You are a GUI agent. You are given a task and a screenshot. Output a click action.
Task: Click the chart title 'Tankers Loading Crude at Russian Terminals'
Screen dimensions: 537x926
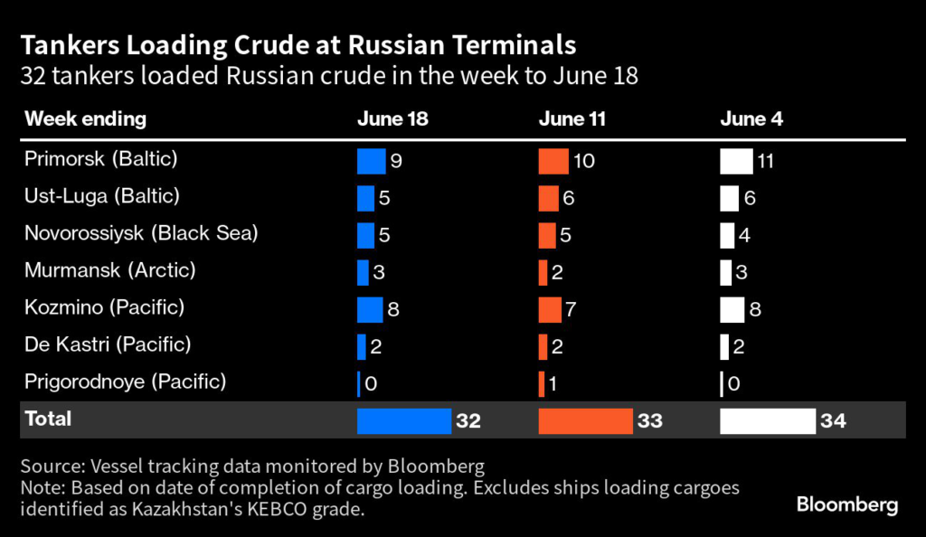click(298, 44)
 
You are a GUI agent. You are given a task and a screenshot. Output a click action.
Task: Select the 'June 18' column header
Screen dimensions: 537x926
click(392, 119)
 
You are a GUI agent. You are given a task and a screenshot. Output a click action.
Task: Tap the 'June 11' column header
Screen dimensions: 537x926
click(572, 119)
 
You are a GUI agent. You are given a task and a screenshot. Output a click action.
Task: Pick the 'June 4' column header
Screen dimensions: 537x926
click(750, 119)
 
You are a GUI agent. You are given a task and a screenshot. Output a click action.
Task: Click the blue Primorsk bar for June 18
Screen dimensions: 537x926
click(371, 161)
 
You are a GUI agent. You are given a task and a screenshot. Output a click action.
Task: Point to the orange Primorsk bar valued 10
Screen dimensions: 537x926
click(553, 161)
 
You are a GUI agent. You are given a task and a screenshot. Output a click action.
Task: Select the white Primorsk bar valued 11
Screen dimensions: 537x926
click(736, 161)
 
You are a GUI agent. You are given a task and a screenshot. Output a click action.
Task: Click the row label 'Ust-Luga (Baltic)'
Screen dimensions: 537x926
click(102, 196)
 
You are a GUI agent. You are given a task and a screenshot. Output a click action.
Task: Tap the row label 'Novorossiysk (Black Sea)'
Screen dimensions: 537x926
click(141, 233)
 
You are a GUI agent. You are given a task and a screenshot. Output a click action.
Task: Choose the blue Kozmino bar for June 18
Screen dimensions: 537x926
click(370, 309)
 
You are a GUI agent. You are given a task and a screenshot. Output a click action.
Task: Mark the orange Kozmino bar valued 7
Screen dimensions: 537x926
click(550, 309)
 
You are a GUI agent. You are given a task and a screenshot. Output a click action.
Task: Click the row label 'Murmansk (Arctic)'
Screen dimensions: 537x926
click(110, 270)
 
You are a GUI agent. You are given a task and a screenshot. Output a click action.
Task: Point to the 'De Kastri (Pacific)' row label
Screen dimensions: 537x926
click(108, 344)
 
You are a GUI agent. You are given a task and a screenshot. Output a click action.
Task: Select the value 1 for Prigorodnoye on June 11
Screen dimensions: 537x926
click(552, 384)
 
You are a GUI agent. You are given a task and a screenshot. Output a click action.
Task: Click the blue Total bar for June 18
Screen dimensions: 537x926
click(403, 420)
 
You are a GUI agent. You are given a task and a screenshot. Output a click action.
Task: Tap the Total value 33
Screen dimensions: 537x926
click(650, 420)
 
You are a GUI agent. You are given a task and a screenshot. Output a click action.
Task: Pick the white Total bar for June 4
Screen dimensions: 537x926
click(768, 420)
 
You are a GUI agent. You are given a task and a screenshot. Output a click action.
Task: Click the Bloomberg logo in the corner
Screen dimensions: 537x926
click(847, 504)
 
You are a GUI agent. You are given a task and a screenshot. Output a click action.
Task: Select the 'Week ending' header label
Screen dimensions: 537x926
click(85, 119)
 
